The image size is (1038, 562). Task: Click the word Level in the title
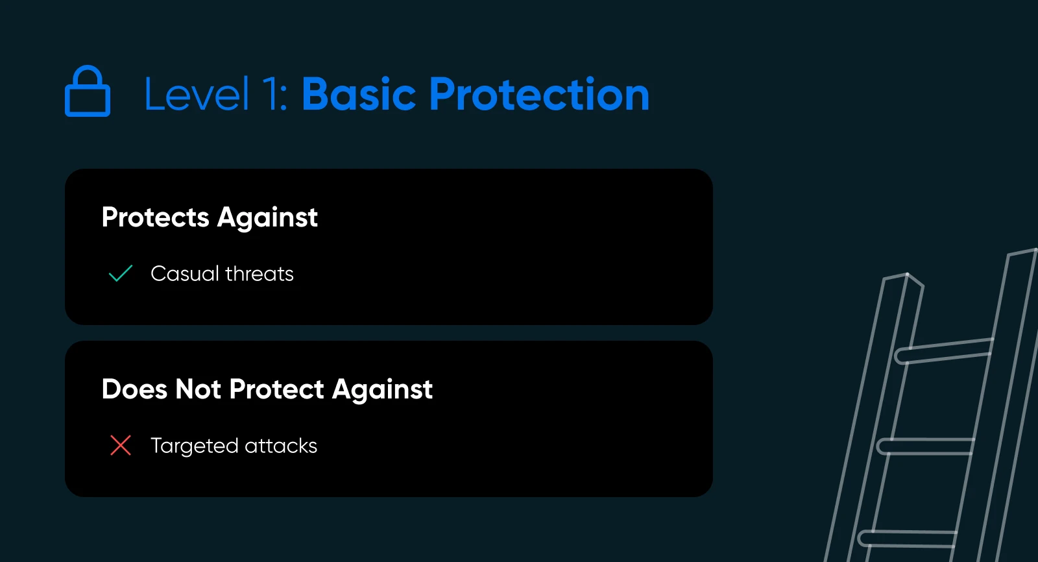pos(197,95)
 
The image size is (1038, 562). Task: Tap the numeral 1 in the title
pos(273,95)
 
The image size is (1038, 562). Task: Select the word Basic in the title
pos(359,95)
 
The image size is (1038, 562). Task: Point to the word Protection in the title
pos(539,95)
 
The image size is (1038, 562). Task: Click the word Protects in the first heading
pos(155,217)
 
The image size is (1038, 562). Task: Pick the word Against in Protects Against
pos(267,217)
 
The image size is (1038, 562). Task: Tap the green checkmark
pos(121,273)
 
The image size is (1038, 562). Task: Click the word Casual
pos(185,274)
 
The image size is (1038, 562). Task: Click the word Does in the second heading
pos(134,389)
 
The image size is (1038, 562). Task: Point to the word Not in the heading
pos(198,389)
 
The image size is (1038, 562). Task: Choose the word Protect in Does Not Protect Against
pos(276,389)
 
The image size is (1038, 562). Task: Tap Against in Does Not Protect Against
pos(382,389)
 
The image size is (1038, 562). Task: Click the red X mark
pos(121,445)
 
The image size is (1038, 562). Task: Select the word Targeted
pos(194,446)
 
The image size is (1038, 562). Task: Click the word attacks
pos(281,446)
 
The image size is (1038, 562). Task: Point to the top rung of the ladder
pos(944,351)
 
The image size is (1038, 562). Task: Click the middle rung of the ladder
pos(925,446)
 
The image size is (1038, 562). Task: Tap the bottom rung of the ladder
pos(908,539)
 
